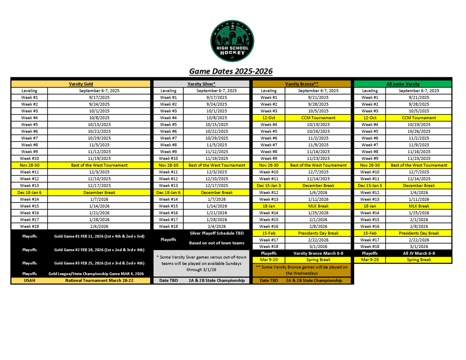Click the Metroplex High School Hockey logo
point(232,41)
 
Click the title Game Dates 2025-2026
point(231,71)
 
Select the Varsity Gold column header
point(81,84)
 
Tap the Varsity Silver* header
point(202,84)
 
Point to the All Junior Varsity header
point(403,84)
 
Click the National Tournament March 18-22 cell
point(99,280)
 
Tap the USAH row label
point(29,280)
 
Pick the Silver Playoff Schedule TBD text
point(217,233)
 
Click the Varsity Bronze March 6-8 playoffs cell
point(318,253)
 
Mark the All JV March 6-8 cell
point(419,253)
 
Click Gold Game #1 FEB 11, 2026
point(99,236)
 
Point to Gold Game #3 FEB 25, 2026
point(99,263)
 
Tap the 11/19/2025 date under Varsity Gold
point(99,158)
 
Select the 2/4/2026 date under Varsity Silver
point(217,226)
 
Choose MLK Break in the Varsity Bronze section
point(318,206)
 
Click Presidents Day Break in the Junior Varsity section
point(419,233)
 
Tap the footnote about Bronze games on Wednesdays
point(302,270)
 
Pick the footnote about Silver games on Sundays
point(202,263)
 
